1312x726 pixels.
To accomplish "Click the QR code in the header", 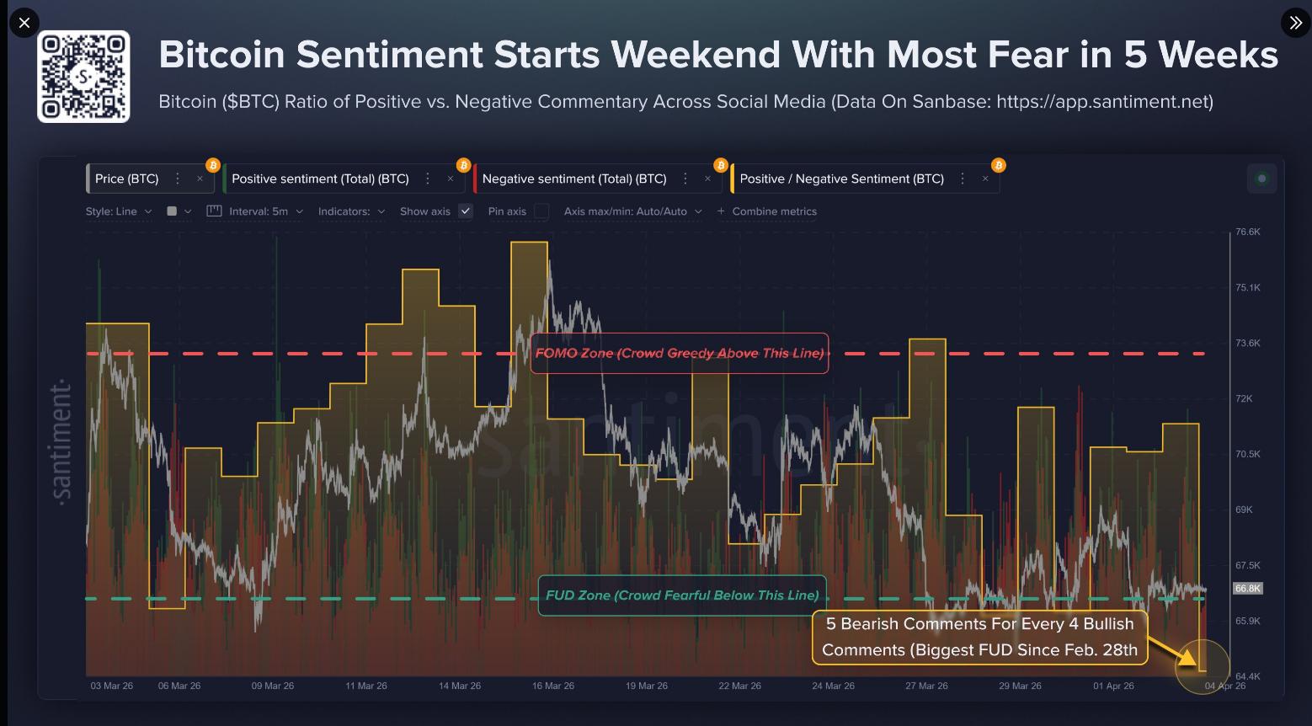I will tap(83, 77).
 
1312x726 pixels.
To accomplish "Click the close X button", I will tap(24, 23).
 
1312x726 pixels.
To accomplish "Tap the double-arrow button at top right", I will tap(1295, 23).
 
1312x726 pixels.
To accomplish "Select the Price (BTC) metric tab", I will tap(127, 179).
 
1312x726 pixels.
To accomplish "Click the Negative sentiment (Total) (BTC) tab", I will tap(574, 179).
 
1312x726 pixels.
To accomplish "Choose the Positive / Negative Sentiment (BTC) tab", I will tap(841, 179).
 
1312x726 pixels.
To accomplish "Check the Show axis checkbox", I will tap(465, 211).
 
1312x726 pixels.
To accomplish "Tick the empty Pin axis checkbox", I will tap(541, 211).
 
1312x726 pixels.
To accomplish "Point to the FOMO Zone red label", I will tap(680, 353).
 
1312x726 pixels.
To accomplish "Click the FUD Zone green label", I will tap(682, 595).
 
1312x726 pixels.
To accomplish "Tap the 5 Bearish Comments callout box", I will tap(979, 637).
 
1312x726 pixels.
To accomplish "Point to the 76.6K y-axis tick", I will tap(1247, 232).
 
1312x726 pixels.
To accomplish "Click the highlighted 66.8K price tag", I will tap(1247, 589).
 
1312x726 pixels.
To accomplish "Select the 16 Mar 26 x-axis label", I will tap(553, 686).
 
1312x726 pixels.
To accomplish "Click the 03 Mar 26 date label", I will tap(112, 686).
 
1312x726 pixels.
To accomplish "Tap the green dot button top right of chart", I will tap(1261, 179).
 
